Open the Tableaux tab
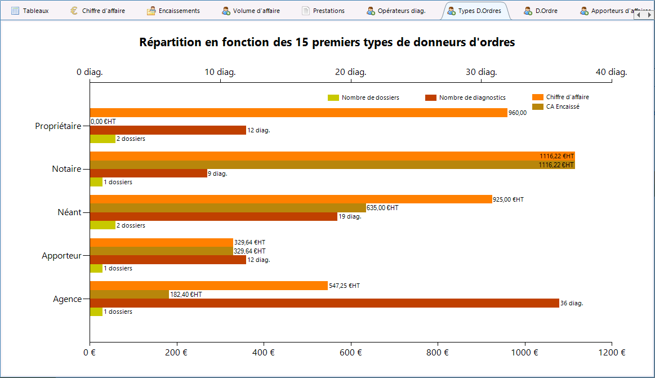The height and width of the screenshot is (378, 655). coord(30,11)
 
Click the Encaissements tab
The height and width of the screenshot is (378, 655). coord(173,11)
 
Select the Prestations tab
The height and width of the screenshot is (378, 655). coord(323,11)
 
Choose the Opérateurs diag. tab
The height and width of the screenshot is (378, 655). coord(396,11)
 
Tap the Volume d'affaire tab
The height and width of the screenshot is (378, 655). coord(251,11)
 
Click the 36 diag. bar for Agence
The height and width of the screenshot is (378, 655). coord(324,303)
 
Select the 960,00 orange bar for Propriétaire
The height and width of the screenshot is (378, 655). coord(298,113)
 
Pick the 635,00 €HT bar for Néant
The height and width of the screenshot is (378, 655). coord(228,208)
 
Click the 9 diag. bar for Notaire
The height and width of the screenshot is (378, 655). coord(149,174)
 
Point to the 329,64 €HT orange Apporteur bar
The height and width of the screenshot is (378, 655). coord(162,243)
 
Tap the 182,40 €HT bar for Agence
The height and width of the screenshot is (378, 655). coord(130,295)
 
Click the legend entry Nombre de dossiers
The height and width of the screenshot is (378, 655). coord(363,97)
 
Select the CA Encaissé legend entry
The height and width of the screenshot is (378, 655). coord(556,106)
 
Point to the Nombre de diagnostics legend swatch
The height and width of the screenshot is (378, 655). coord(431,97)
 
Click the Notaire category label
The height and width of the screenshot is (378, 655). coord(67,169)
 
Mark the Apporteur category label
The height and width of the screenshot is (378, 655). coord(61,256)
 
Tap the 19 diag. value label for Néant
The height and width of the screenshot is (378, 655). coord(350,216)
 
